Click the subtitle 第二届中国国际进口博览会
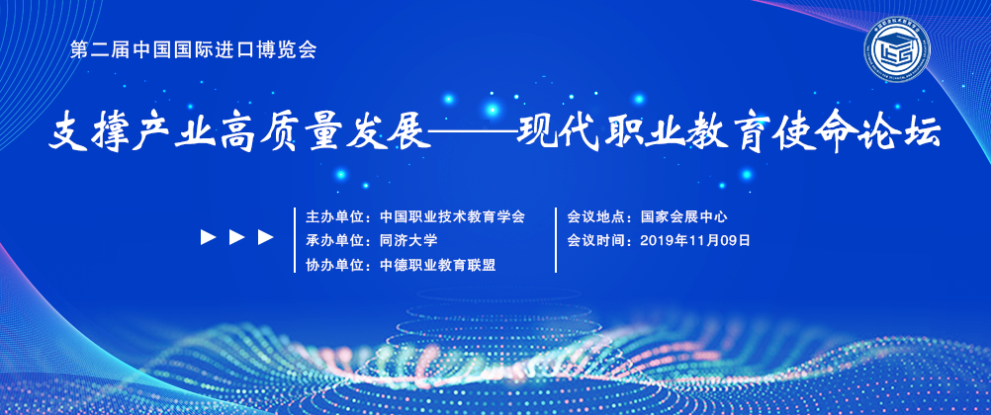194,50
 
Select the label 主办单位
335,217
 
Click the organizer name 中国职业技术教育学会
453,217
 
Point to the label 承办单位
335,241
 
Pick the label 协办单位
335,265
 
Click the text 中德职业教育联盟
437,265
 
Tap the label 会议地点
596,217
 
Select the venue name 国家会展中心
683,217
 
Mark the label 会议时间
596,241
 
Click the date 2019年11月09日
695,241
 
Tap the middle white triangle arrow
237,237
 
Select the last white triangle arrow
266,237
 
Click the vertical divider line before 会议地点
556,240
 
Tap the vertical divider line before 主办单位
295,240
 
